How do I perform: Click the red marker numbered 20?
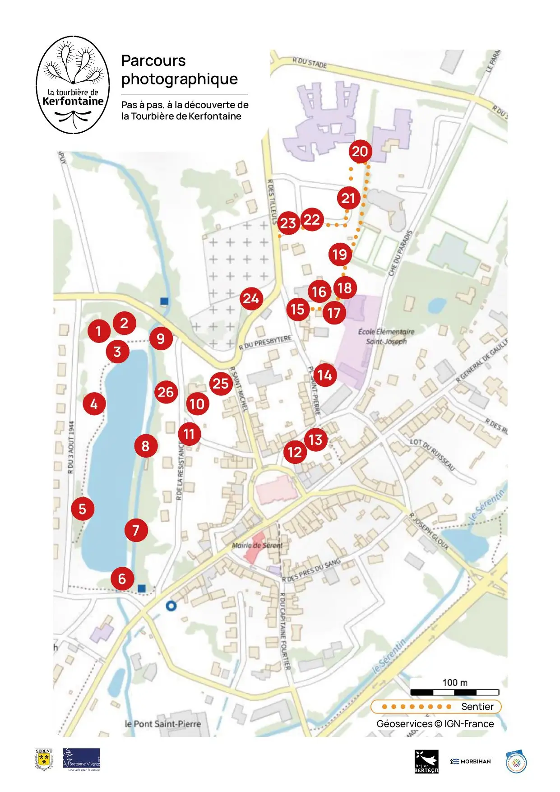pyautogui.click(x=360, y=152)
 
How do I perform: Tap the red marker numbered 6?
pyautogui.click(x=122, y=579)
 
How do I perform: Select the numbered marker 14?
pyautogui.click(x=325, y=375)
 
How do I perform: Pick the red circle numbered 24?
pyautogui.click(x=251, y=298)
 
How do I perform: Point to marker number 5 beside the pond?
pyautogui.click(x=83, y=509)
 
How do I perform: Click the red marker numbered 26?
pyautogui.click(x=166, y=392)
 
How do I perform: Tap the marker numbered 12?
pyautogui.click(x=295, y=452)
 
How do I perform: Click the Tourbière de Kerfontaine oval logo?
pyautogui.click(x=73, y=85)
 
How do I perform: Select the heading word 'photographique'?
pyautogui.click(x=180, y=79)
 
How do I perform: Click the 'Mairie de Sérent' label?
pyautogui.click(x=257, y=545)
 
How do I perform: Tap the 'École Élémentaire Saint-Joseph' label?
pyautogui.click(x=386, y=336)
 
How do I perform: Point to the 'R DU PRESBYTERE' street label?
pyautogui.click(x=265, y=343)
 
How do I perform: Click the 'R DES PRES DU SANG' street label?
pyautogui.click(x=311, y=571)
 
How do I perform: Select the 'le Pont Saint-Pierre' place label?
pyautogui.click(x=162, y=723)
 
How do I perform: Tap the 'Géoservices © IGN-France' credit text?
pyautogui.click(x=435, y=724)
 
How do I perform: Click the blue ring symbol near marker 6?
pyautogui.click(x=171, y=606)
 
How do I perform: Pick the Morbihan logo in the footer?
pyautogui.click(x=470, y=761)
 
